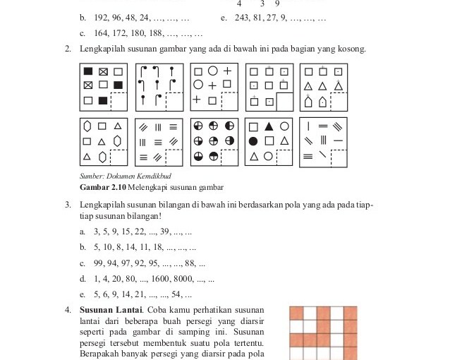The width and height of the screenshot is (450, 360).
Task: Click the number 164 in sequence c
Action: point(101,33)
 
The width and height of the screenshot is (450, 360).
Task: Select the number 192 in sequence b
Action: point(101,18)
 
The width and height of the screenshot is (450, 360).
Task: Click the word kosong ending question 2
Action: point(351,49)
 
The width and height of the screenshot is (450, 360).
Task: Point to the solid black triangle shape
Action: point(269,127)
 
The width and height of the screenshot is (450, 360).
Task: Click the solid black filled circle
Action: point(253,141)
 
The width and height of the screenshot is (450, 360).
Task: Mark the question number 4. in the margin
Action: point(68,311)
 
